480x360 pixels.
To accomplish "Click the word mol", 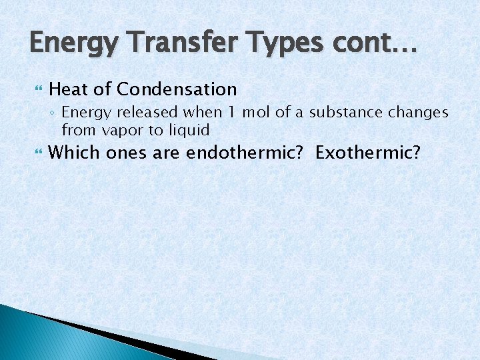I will pos(256,113).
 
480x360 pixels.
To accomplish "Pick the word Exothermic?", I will pos(368,153).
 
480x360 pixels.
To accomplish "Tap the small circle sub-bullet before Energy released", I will pos(53,113).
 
